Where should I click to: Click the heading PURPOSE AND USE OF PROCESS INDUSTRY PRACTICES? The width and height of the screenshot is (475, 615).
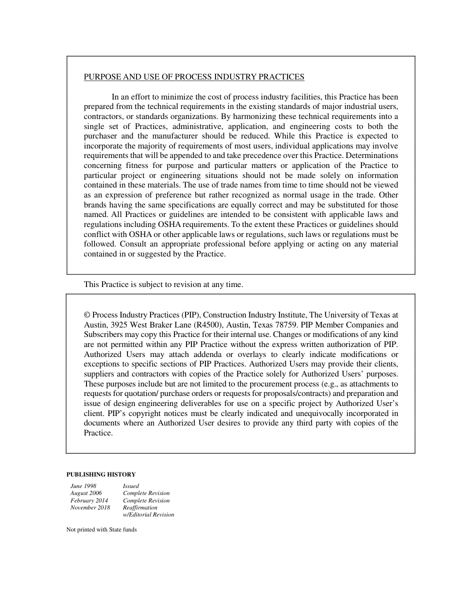coord(193,77)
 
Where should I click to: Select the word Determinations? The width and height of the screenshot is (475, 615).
coord(371,155)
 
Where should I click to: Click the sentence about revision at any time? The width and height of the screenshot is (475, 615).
coord(163,284)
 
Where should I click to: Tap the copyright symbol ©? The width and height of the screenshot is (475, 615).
coord(87,315)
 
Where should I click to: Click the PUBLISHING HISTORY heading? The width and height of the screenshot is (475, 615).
coord(100,474)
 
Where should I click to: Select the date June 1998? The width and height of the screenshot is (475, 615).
coord(83,486)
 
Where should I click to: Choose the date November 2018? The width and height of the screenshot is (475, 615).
coord(90,507)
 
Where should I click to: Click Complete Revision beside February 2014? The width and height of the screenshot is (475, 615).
coord(146,500)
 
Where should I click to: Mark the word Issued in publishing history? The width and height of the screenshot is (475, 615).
coord(131,486)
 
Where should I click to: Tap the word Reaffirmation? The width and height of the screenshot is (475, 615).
coord(140,507)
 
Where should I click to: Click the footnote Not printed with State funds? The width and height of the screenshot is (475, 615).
coord(101,530)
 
